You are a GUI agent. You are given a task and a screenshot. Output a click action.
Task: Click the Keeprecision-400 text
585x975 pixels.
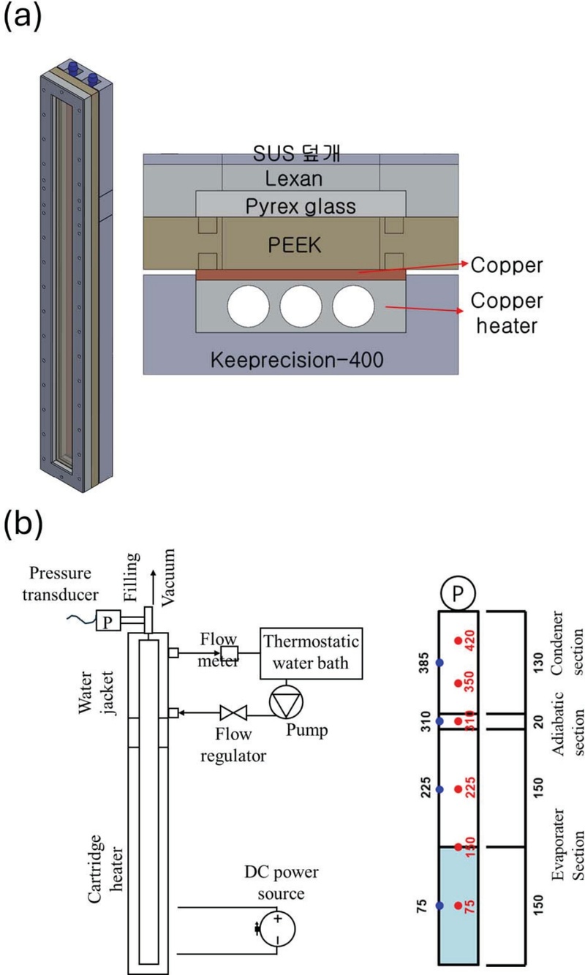click(x=301, y=359)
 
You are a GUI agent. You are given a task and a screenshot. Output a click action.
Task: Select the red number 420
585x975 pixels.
click(x=470, y=641)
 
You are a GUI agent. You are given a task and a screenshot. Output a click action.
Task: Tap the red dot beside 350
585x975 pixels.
click(x=458, y=683)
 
